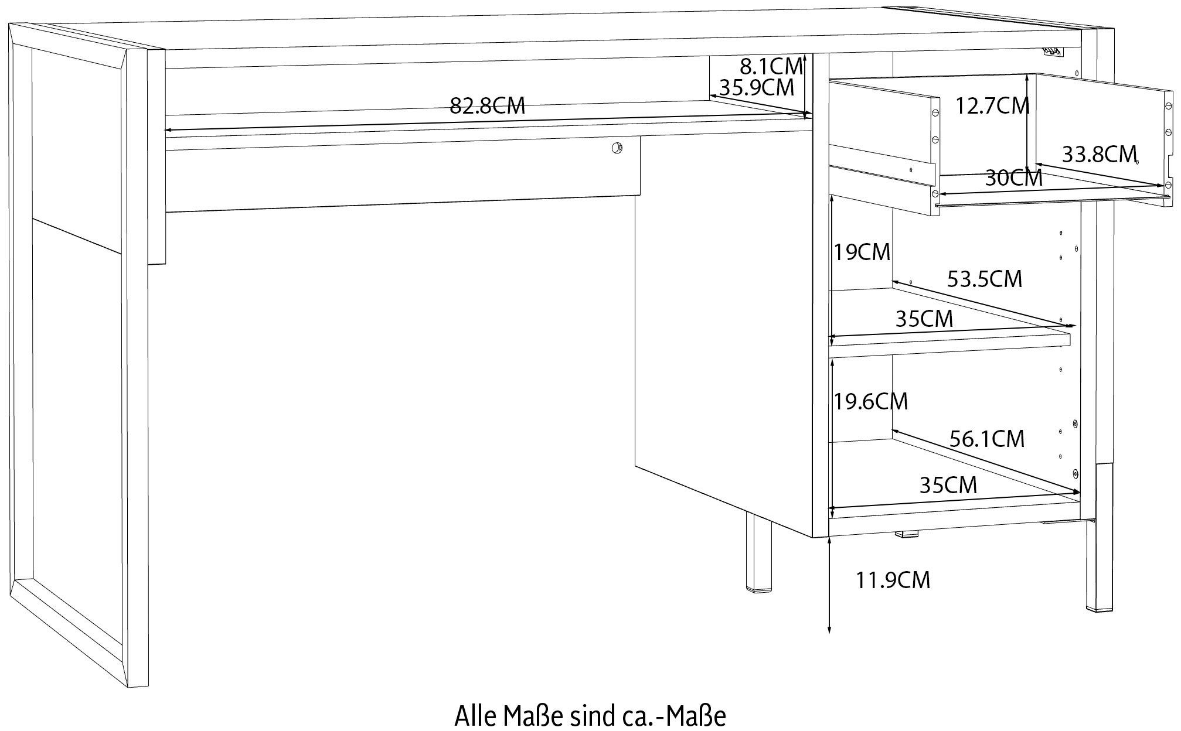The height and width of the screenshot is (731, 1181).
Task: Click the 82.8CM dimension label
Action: coord(487,106)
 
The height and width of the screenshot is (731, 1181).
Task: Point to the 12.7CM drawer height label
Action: coord(992,106)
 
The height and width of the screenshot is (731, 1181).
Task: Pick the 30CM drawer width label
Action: coord(1013,178)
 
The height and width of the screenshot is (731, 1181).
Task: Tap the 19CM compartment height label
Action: coord(862,252)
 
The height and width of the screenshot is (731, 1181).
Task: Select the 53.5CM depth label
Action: coord(985,279)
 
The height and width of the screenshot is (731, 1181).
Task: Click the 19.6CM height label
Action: coord(871,401)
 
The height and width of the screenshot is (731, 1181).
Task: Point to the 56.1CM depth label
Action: coord(987,439)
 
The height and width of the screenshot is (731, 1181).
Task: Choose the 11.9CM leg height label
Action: coord(893,580)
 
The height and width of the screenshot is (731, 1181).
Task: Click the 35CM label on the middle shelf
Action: coord(924,319)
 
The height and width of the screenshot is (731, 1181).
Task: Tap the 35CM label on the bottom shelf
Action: coord(948,485)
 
